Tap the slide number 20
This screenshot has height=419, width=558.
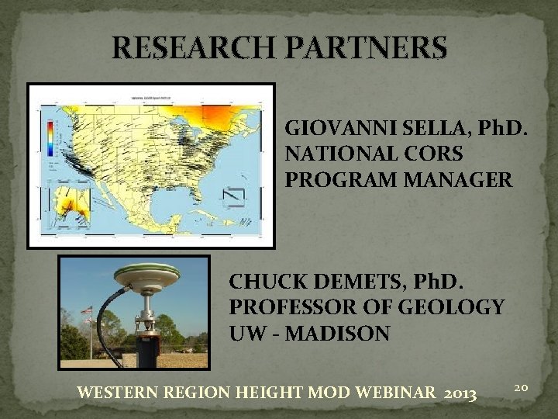(x=521, y=385)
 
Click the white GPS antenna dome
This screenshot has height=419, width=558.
(x=146, y=272)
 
